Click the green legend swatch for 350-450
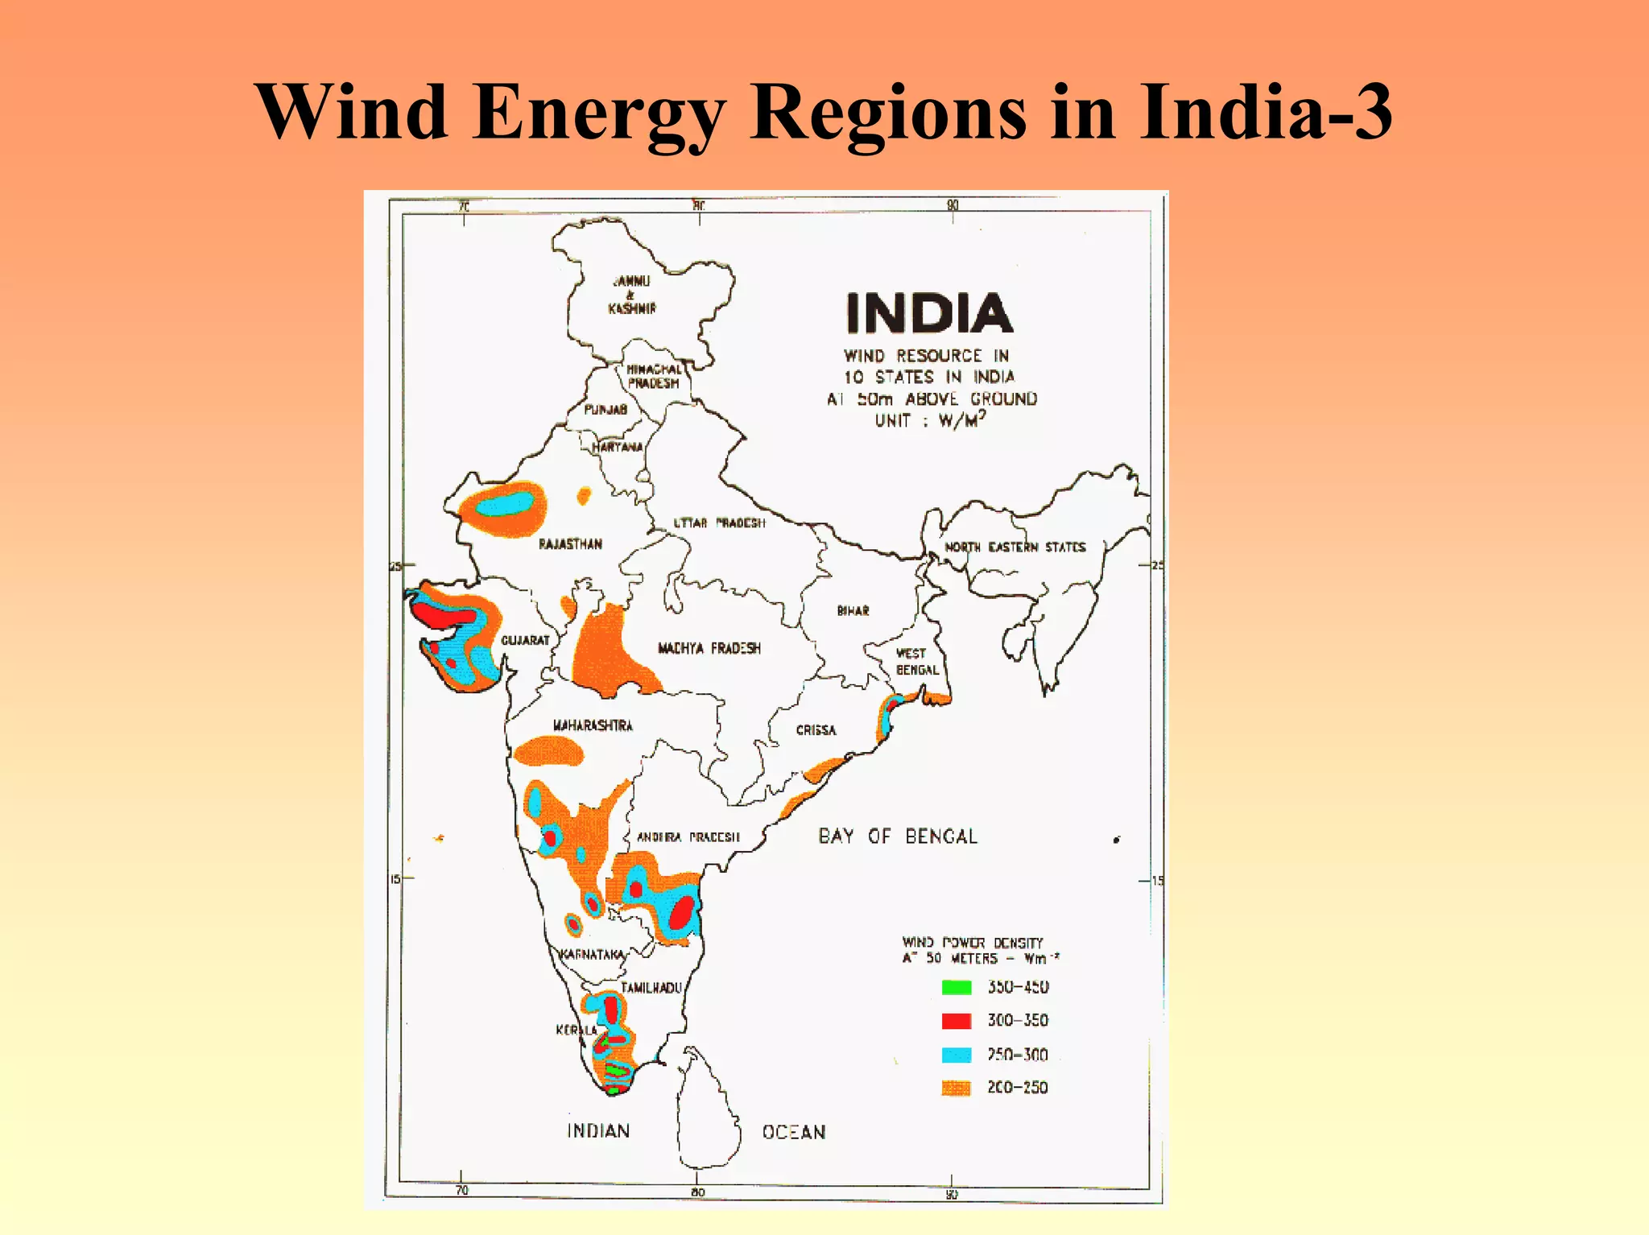[x=957, y=987]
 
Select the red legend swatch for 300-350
[x=957, y=1021]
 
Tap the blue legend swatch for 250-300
[x=957, y=1055]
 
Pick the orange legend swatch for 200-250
[x=957, y=1088]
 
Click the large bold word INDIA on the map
[x=929, y=313]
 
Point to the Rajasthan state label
[x=570, y=544]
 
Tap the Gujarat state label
[x=525, y=640]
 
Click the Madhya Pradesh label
[x=709, y=648]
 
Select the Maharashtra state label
[x=593, y=725]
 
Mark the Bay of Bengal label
[x=898, y=836]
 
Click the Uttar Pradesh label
[x=719, y=523]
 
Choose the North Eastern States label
[x=1015, y=547]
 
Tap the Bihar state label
[x=853, y=611]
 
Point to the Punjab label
[x=605, y=410]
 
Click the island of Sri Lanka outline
[x=707, y=1111]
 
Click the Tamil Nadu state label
[x=651, y=988]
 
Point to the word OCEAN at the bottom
[x=794, y=1132]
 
